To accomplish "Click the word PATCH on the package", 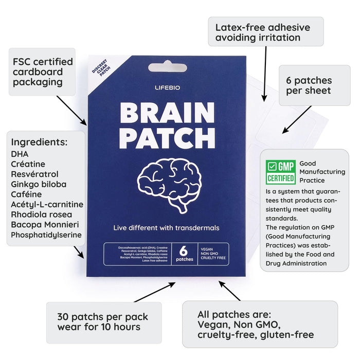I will coord(167,137).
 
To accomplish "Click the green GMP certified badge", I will coord(281,172).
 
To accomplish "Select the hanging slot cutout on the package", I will coord(168,67).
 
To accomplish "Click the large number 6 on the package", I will coord(183,251).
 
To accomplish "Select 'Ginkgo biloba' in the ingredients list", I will coord(39,184).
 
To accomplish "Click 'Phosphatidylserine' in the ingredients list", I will coord(46,235).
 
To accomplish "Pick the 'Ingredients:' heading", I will coord(40,142).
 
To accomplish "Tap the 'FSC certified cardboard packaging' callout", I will coord(42,72).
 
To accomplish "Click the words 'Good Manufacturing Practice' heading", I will coord(322,172).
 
